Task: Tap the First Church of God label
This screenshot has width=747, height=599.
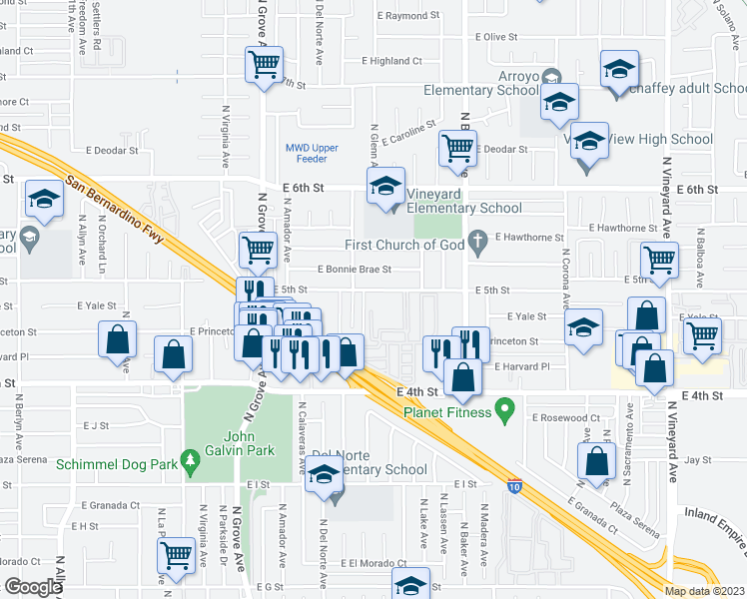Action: pyautogui.click(x=407, y=246)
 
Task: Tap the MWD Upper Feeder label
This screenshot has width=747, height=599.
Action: pyautogui.click(x=312, y=154)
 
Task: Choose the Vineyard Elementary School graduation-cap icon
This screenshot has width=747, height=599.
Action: pyautogui.click(x=385, y=185)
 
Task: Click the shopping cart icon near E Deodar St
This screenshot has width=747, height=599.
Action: pyautogui.click(x=457, y=148)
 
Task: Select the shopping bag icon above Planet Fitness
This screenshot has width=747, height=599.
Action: pyautogui.click(x=462, y=376)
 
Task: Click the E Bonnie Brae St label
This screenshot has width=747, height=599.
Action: pyautogui.click(x=355, y=270)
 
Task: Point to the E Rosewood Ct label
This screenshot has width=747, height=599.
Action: pyautogui.click(x=566, y=417)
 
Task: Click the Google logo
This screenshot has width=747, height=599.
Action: pyautogui.click(x=33, y=587)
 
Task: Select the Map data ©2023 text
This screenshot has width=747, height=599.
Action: pyautogui.click(x=704, y=590)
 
